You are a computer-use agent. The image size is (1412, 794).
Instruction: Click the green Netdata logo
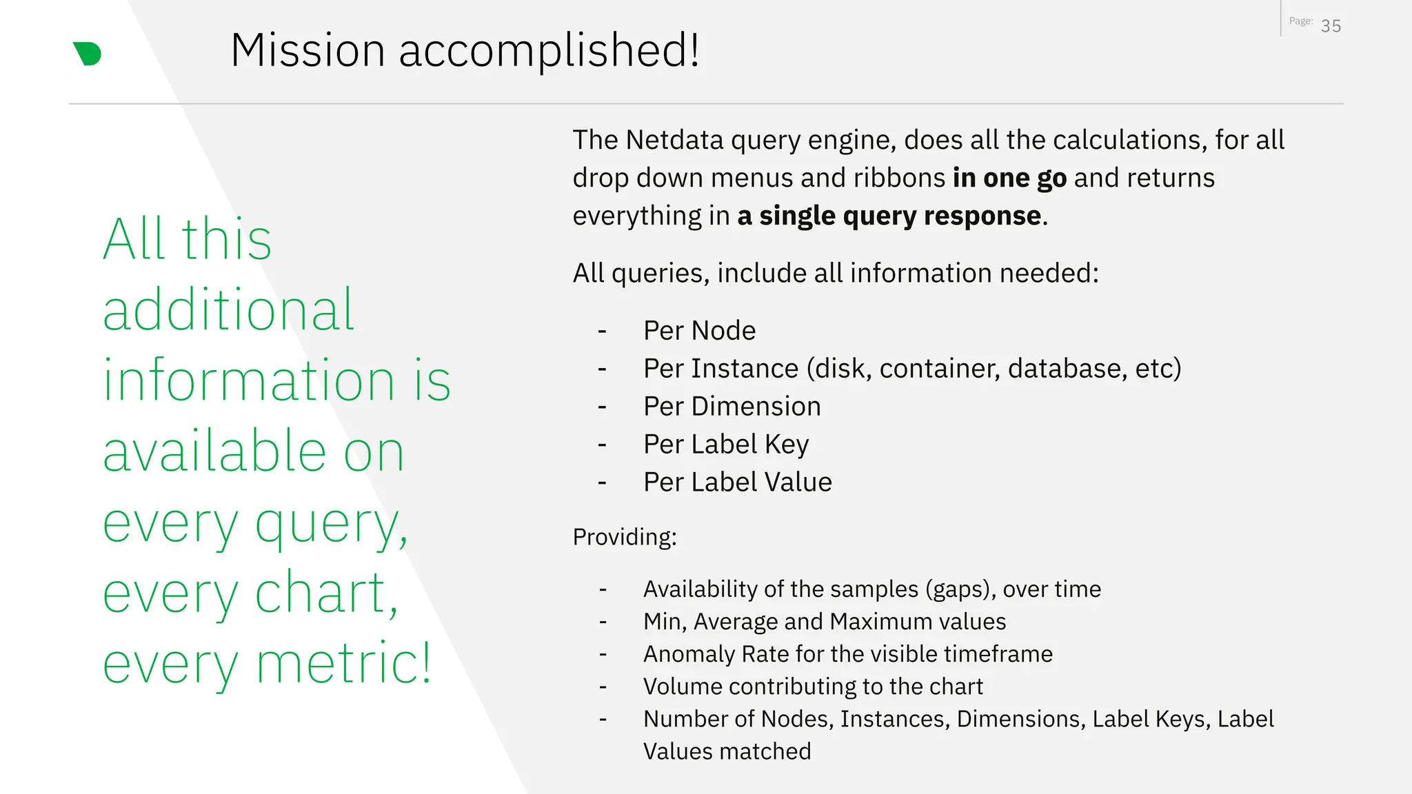click(88, 54)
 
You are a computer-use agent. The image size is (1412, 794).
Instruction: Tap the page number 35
click(1331, 26)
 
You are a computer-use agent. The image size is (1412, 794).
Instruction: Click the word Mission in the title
click(307, 50)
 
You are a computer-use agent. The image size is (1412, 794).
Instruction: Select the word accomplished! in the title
click(549, 50)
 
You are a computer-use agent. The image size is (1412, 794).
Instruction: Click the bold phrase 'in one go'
click(1009, 178)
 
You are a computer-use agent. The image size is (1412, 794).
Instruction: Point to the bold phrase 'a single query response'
click(889, 216)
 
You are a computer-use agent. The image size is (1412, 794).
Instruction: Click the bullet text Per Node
click(699, 331)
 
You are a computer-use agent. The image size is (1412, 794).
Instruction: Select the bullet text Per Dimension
click(732, 407)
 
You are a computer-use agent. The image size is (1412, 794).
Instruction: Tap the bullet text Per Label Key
click(725, 445)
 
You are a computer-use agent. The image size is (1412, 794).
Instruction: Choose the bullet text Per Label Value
click(737, 482)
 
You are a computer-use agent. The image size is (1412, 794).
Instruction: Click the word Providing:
click(625, 537)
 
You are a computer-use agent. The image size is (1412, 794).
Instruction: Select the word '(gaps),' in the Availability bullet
click(960, 589)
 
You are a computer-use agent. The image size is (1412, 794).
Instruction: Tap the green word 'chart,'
click(327, 593)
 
